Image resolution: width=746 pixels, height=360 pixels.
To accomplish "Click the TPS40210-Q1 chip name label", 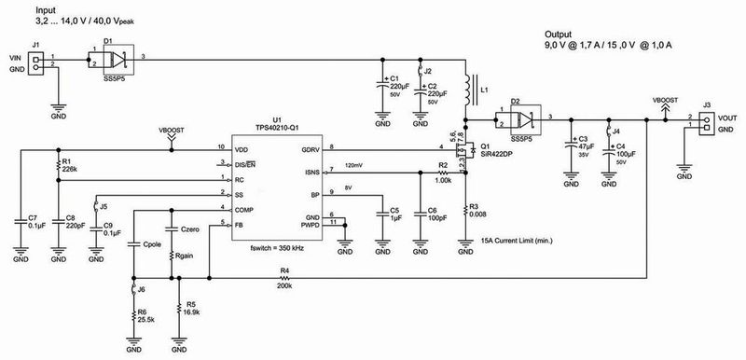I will click(275, 129).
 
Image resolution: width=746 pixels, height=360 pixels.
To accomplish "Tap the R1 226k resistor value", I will click(69, 168).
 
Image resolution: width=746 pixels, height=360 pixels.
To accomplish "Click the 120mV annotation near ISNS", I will click(354, 165).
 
